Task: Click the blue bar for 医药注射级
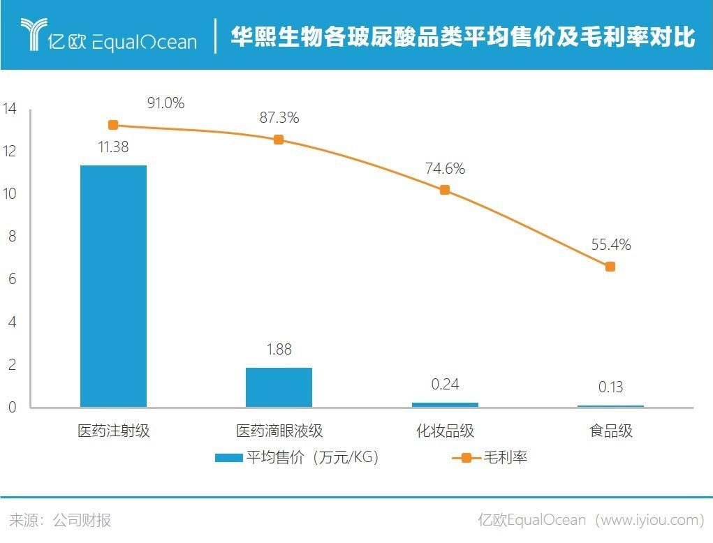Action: point(113,286)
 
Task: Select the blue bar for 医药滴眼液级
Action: point(279,387)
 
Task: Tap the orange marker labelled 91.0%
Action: point(113,125)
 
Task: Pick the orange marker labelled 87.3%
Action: point(279,140)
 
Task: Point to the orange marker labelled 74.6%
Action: point(445,190)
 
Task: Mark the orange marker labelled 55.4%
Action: point(610,267)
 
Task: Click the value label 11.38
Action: point(114,147)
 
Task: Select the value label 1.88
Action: point(279,350)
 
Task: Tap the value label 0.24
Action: point(445,385)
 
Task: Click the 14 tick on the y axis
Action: point(10,109)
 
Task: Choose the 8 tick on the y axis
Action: point(10,237)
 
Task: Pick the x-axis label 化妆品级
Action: point(445,431)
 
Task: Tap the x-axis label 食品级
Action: point(610,431)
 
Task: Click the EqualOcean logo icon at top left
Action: point(32,35)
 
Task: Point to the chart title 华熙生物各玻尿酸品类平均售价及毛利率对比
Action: point(463,37)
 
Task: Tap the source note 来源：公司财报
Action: point(60,520)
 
